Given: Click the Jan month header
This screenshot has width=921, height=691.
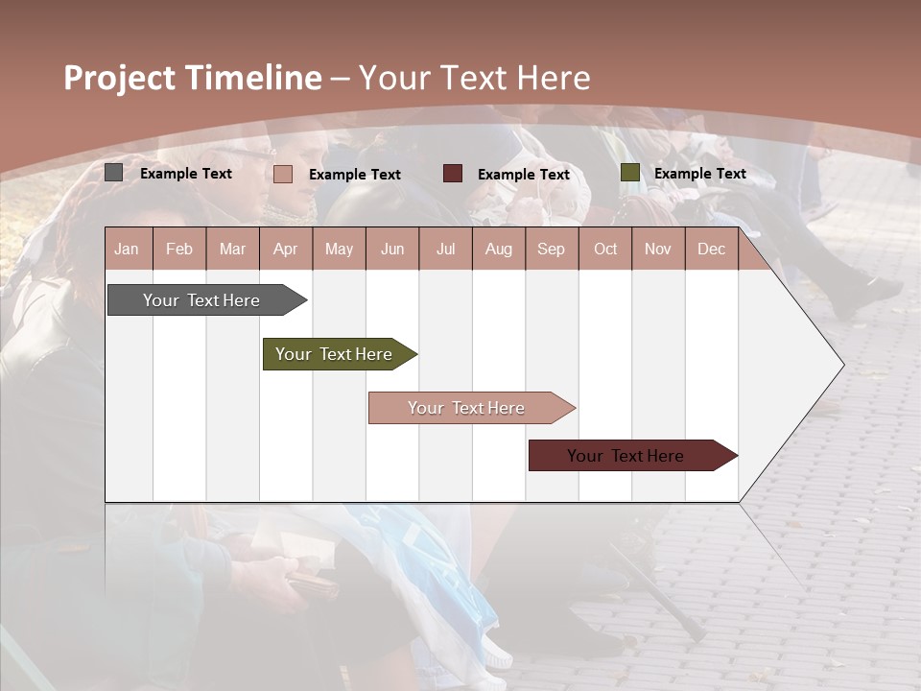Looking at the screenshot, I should pos(128,249).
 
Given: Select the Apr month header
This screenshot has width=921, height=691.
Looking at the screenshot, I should pos(286,249).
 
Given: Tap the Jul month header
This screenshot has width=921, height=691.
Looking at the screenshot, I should pos(445,249).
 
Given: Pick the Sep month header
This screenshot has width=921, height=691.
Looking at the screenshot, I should pos(552,249).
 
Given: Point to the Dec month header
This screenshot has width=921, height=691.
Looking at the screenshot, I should pos(711,249).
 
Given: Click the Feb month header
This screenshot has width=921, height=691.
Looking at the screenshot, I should pos(179,249).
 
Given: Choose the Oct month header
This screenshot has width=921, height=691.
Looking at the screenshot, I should pos(605,249).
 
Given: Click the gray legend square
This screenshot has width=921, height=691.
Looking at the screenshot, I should pos(113,173).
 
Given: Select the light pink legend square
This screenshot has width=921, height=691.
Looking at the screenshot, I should pos(282,174).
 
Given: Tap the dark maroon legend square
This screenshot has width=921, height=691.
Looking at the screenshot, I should pos(452,174).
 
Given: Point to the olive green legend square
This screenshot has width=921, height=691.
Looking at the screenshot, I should pos(629,173).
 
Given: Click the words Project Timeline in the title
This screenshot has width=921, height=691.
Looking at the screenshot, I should pos(192,78).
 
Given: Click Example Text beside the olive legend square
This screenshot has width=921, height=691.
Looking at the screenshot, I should pos(699,174).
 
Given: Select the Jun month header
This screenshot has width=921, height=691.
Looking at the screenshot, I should pos(392,249).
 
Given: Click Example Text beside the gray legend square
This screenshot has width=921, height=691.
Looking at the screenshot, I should pos(186,174).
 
